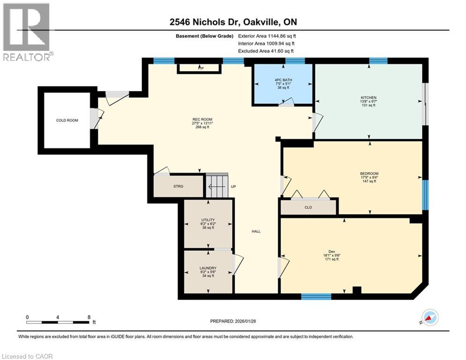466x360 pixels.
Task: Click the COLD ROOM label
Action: point(67,120)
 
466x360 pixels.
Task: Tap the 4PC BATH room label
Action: point(283,79)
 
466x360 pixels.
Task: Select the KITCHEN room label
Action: point(368,97)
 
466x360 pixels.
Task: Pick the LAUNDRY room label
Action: point(207,268)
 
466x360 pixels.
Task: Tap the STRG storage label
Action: point(178,186)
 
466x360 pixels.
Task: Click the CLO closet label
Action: point(308,207)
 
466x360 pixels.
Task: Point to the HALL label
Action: point(256,231)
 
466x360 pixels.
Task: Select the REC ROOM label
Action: point(202,120)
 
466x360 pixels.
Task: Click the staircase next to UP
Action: point(216,186)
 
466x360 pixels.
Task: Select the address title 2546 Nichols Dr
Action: point(233,22)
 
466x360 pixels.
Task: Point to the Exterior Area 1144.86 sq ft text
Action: point(267,36)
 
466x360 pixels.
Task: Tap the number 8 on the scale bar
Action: point(89,317)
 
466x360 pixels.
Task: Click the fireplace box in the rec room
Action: point(199,68)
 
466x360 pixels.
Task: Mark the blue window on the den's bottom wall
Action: point(316,296)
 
